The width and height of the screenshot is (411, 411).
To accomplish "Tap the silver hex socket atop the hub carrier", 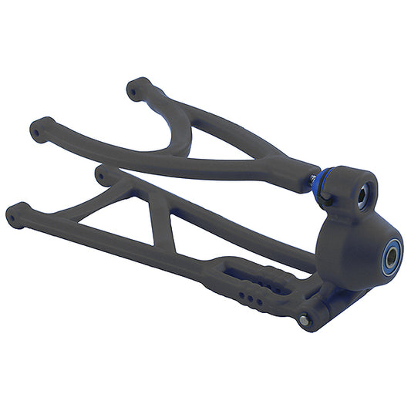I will point(362,197).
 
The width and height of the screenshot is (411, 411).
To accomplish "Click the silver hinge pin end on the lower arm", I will point(305,318).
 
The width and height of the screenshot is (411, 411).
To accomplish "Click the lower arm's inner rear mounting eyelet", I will point(105,174).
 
